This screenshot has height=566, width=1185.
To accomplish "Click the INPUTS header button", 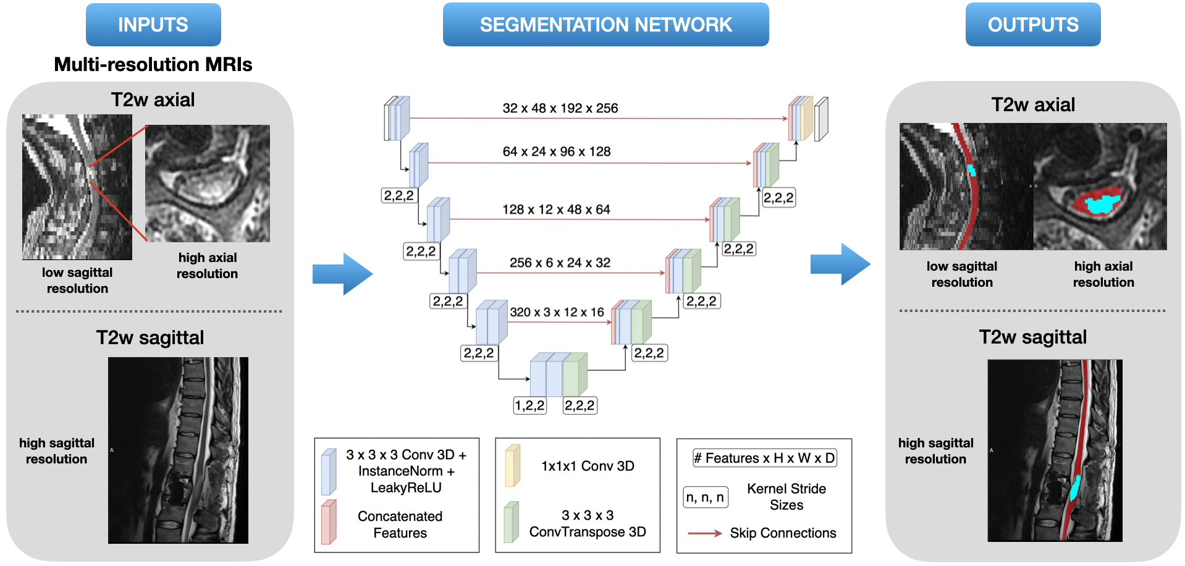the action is pos(153,25).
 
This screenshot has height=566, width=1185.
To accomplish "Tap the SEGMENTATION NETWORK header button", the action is pos(605,25).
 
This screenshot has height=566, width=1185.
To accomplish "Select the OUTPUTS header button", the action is pos(1033,25).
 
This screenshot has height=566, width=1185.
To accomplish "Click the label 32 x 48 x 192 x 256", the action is pos(560,108).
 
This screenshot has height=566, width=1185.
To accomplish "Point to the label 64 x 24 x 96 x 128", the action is pos(557,151).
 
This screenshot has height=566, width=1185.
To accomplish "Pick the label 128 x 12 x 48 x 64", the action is pos(556,209).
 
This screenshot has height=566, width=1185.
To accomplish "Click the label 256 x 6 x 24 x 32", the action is pos(560,263).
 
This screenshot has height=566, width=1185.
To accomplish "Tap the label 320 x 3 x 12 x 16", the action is pos(557,312).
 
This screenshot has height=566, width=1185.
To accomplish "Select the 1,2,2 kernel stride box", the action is pos(530,405).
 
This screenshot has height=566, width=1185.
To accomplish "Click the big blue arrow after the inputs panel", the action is pos(343,274).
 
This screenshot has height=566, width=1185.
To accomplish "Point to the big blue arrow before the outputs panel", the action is pos(840,264).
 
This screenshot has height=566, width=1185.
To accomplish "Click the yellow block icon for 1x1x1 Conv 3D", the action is pos(513,465).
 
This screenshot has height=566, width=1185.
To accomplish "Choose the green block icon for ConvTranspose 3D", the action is pos(511,522).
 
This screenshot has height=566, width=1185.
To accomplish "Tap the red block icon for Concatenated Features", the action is pos(329,522).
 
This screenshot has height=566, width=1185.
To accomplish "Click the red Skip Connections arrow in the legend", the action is pos(705,533).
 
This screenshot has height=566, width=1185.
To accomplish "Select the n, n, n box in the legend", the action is pos(706,497).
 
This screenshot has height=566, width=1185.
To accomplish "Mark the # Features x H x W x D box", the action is pos(765,458).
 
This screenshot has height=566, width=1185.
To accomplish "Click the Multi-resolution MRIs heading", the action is pos(153,64).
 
